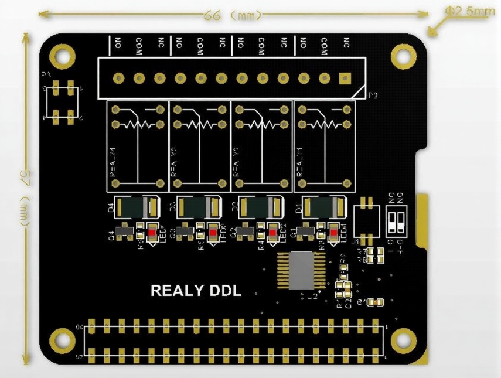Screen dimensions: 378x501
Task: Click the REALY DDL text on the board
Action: click(x=196, y=291)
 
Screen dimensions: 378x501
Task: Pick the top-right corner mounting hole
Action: click(x=403, y=56)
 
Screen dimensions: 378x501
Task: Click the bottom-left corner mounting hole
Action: click(x=62, y=339)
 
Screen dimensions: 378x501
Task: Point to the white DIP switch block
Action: click(x=397, y=222)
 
